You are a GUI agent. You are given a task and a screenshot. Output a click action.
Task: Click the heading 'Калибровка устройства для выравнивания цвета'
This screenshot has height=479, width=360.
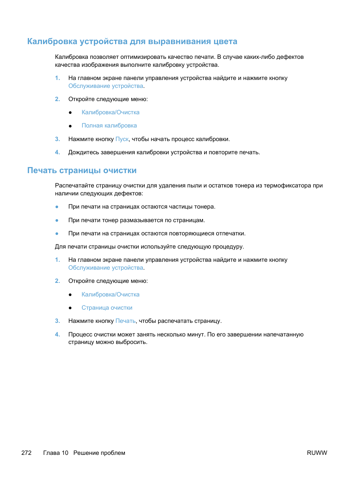pos(132,41)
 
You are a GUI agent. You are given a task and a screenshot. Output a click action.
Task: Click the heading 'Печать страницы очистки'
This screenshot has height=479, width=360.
pos(82,170)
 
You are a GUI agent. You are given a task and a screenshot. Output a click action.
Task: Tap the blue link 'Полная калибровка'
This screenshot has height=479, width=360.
pos(109,126)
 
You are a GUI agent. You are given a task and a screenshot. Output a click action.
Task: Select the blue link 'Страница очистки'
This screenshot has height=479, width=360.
pos(107,308)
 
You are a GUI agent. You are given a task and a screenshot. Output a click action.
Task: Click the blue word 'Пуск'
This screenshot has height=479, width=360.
pos(122,139)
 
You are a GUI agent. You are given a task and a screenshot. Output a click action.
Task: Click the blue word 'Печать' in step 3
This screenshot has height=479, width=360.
pos(125,321)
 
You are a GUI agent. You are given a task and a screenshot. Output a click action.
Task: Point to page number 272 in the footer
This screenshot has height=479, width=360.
pos(26,453)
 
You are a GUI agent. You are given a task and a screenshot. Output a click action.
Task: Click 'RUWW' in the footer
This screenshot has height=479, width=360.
pos(317,453)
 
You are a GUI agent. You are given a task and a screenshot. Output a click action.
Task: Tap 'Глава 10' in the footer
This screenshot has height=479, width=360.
pos(56,453)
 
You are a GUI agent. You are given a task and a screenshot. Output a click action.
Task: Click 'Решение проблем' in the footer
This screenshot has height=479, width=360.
pos(99,453)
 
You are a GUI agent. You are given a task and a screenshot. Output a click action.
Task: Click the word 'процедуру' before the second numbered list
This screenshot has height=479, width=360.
pos(228,247)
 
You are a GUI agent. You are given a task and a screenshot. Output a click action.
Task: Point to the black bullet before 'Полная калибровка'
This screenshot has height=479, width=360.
pos(70,126)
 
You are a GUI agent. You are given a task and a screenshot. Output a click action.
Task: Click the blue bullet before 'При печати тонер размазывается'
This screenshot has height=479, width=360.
pos(57,220)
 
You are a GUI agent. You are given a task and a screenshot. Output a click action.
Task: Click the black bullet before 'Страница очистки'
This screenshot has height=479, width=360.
pos(70,308)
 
